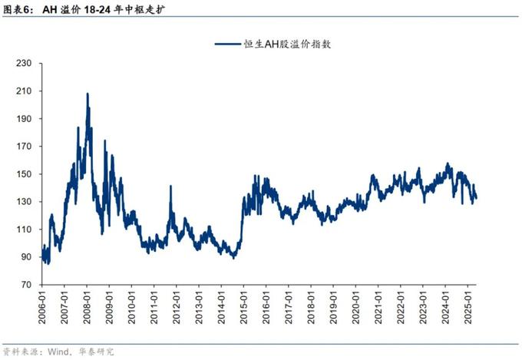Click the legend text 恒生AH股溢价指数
coord(292,45)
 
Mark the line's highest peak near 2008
coord(88,94)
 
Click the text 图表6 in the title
coord(18,8)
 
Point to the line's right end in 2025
coord(477,199)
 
